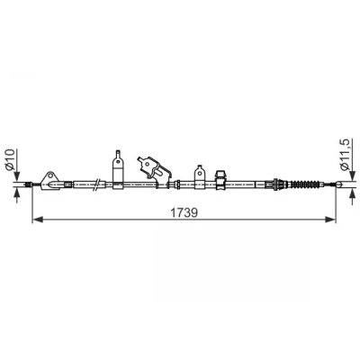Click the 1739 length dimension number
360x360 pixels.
pyautogui.click(x=184, y=212)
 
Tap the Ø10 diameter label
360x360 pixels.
pyautogui.click(x=10, y=159)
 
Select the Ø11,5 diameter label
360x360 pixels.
pyautogui.click(x=346, y=155)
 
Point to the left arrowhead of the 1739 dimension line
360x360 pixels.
pyautogui.click(x=37, y=220)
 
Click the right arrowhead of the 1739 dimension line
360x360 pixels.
pyautogui.click(x=330, y=220)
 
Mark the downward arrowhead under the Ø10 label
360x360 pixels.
pyautogui.click(x=17, y=176)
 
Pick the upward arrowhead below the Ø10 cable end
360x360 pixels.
pyautogui.click(x=17, y=193)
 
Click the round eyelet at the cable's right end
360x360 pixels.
pyautogui.click(x=339, y=184)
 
